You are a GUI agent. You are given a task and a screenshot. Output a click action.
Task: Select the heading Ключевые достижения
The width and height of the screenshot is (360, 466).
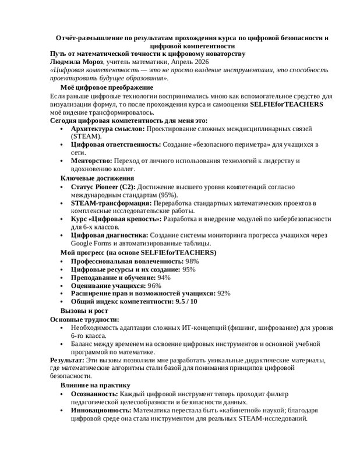coord(97,178)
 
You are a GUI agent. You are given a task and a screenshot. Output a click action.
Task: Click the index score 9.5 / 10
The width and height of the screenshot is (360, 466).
coord(186,302)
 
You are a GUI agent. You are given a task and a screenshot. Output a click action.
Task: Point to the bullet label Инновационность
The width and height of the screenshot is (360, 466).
coord(102,410)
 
